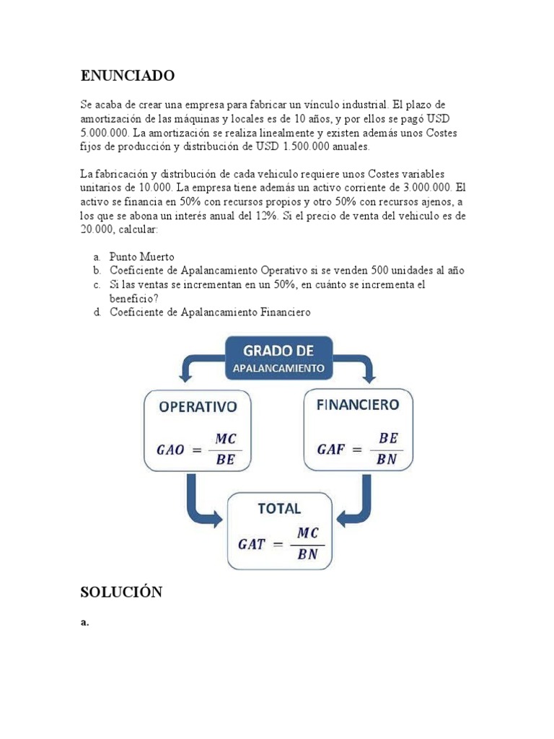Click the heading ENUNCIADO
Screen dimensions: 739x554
[127, 76]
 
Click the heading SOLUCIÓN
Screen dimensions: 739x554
[121, 592]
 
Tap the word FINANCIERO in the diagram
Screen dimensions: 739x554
[357, 405]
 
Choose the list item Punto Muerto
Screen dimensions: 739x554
[142, 256]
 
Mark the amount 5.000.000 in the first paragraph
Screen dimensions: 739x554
[106, 134]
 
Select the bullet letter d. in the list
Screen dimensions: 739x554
[96, 312]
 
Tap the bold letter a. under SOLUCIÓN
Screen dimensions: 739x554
[84, 624]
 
